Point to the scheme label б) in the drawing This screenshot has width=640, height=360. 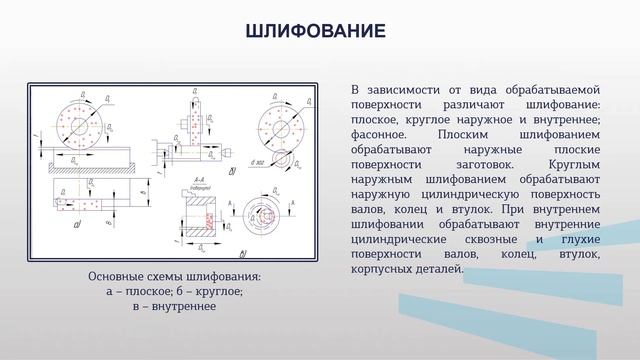tap(232, 170)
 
